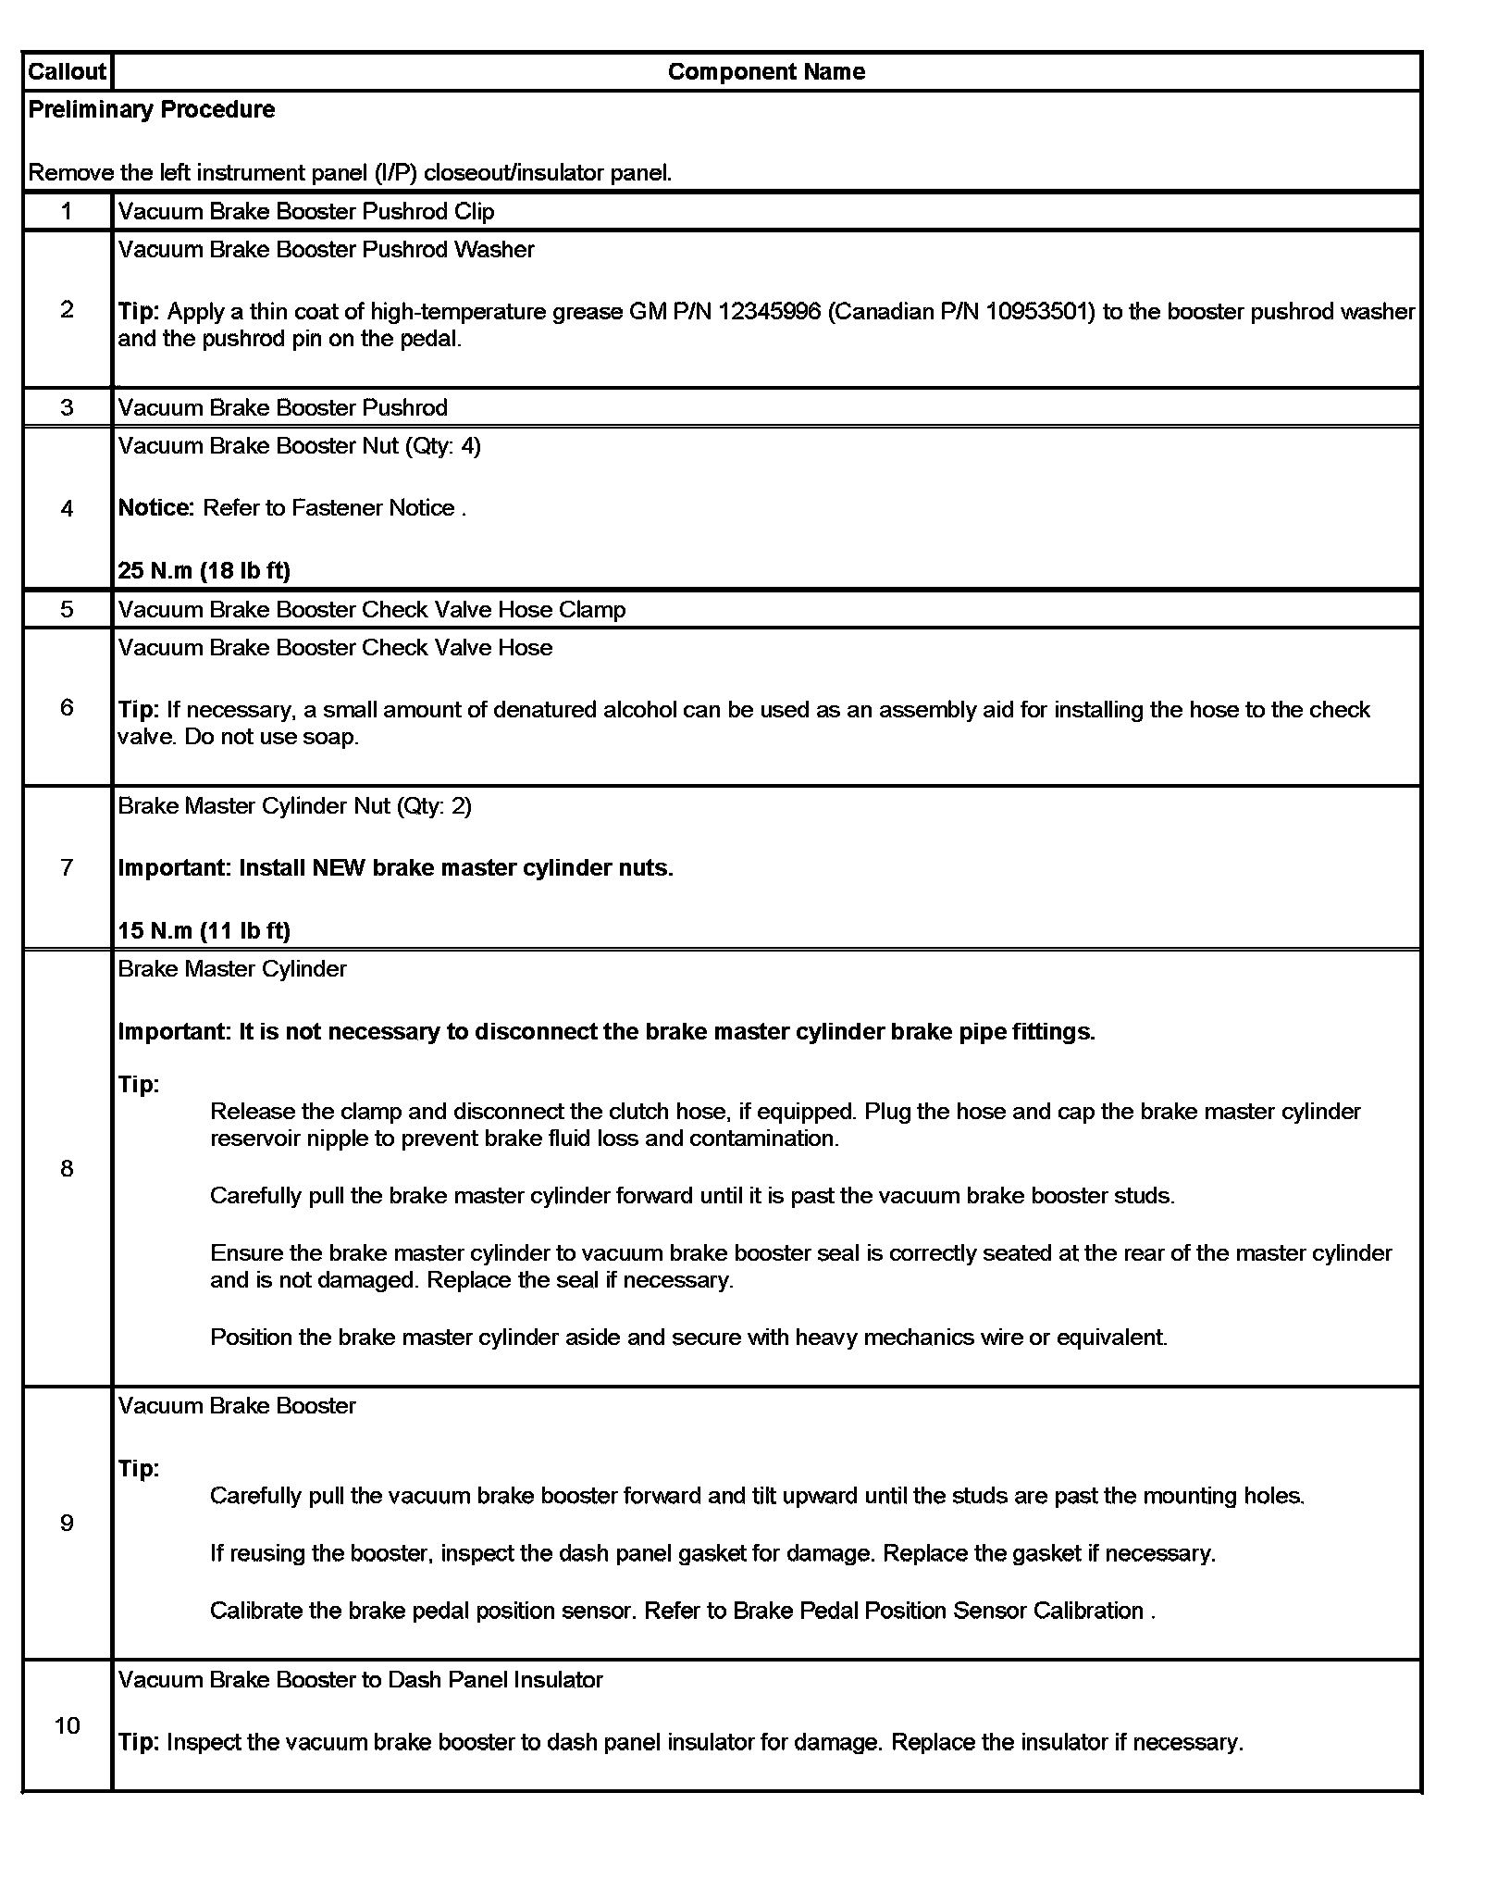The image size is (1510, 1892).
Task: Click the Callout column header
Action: (x=67, y=72)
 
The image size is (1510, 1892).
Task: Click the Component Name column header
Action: (x=766, y=72)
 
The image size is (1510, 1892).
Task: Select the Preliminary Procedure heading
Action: (x=152, y=109)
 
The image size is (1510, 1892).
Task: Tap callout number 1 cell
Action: (x=67, y=211)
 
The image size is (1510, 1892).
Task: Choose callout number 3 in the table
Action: (x=67, y=407)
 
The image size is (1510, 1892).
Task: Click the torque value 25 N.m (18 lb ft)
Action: (x=204, y=570)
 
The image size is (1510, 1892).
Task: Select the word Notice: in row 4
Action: (x=156, y=508)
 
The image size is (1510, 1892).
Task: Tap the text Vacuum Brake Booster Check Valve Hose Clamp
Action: (x=372, y=609)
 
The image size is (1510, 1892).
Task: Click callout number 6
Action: (x=67, y=707)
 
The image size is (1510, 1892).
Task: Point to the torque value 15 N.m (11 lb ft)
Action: (x=204, y=930)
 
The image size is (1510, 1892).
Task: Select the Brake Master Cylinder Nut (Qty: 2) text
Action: (x=295, y=806)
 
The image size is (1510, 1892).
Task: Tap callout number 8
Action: (x=67, y=1168)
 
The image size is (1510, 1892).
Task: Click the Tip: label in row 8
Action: (x=139, y=1084)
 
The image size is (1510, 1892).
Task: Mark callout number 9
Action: (x=67, y=1523)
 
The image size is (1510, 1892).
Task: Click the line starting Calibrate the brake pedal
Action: (x=683, y=1611)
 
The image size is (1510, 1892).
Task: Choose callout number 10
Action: (x=67, y=1725)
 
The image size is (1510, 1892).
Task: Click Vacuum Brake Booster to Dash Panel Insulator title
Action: (x=361, y=1680)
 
